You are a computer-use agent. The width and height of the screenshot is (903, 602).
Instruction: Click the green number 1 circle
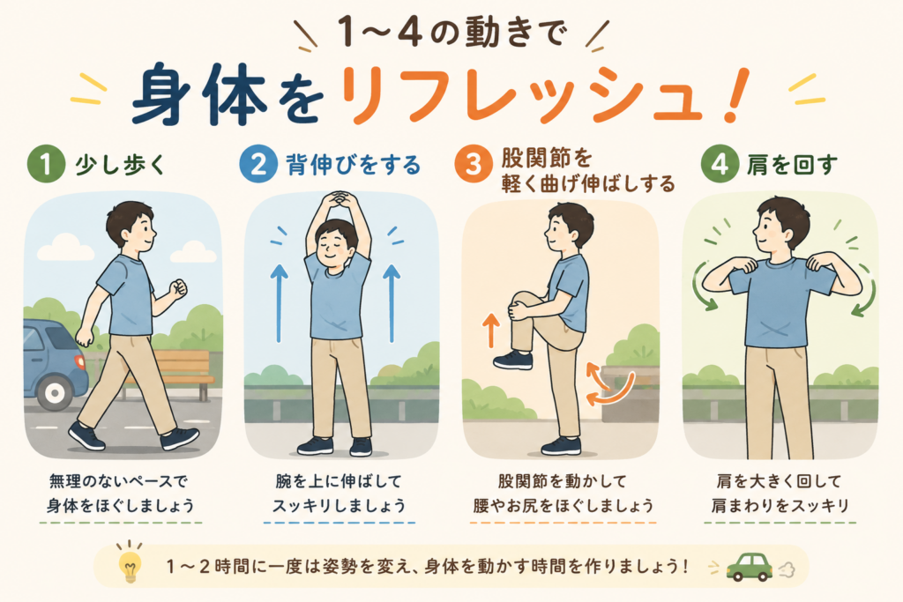pyautogui.click(x=46, y=164)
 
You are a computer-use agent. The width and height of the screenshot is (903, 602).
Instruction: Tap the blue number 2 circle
pyautogui.click(x=258, y=164)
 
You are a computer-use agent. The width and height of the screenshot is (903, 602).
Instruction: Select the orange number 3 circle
pyautogui.click(x=473, y=164)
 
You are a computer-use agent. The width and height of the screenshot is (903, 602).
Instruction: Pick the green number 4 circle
pyautogui.click(x=720, y=164)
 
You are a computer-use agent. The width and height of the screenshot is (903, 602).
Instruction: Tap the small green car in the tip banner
pyautogui.click(x=749, y=567)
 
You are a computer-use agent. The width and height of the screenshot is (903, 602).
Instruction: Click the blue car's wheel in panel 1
pyautogui.click(x=55, y=393)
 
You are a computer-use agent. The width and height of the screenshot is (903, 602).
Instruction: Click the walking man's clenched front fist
pyautogui.click(x=178, y=287)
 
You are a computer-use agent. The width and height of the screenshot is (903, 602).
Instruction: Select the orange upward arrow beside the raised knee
pyautogui.click(x=491, y=331)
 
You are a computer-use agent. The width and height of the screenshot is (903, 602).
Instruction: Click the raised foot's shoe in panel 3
pyautogui.click(x=512, y=360)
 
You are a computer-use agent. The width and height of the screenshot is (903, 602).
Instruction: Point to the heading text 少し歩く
pyautogui.click(x=120, y=165)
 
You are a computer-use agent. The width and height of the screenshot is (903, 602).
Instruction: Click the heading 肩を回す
pyautogui.click(x=793, y=165)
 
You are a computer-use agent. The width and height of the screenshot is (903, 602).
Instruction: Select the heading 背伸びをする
pyautogui.click(x=354, y=165)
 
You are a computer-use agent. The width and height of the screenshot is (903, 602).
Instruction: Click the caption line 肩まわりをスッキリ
pyautogui.click(x=780, y=505)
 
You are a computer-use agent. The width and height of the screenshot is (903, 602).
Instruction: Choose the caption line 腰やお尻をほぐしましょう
pyautogui.click(x=563, y=505)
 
